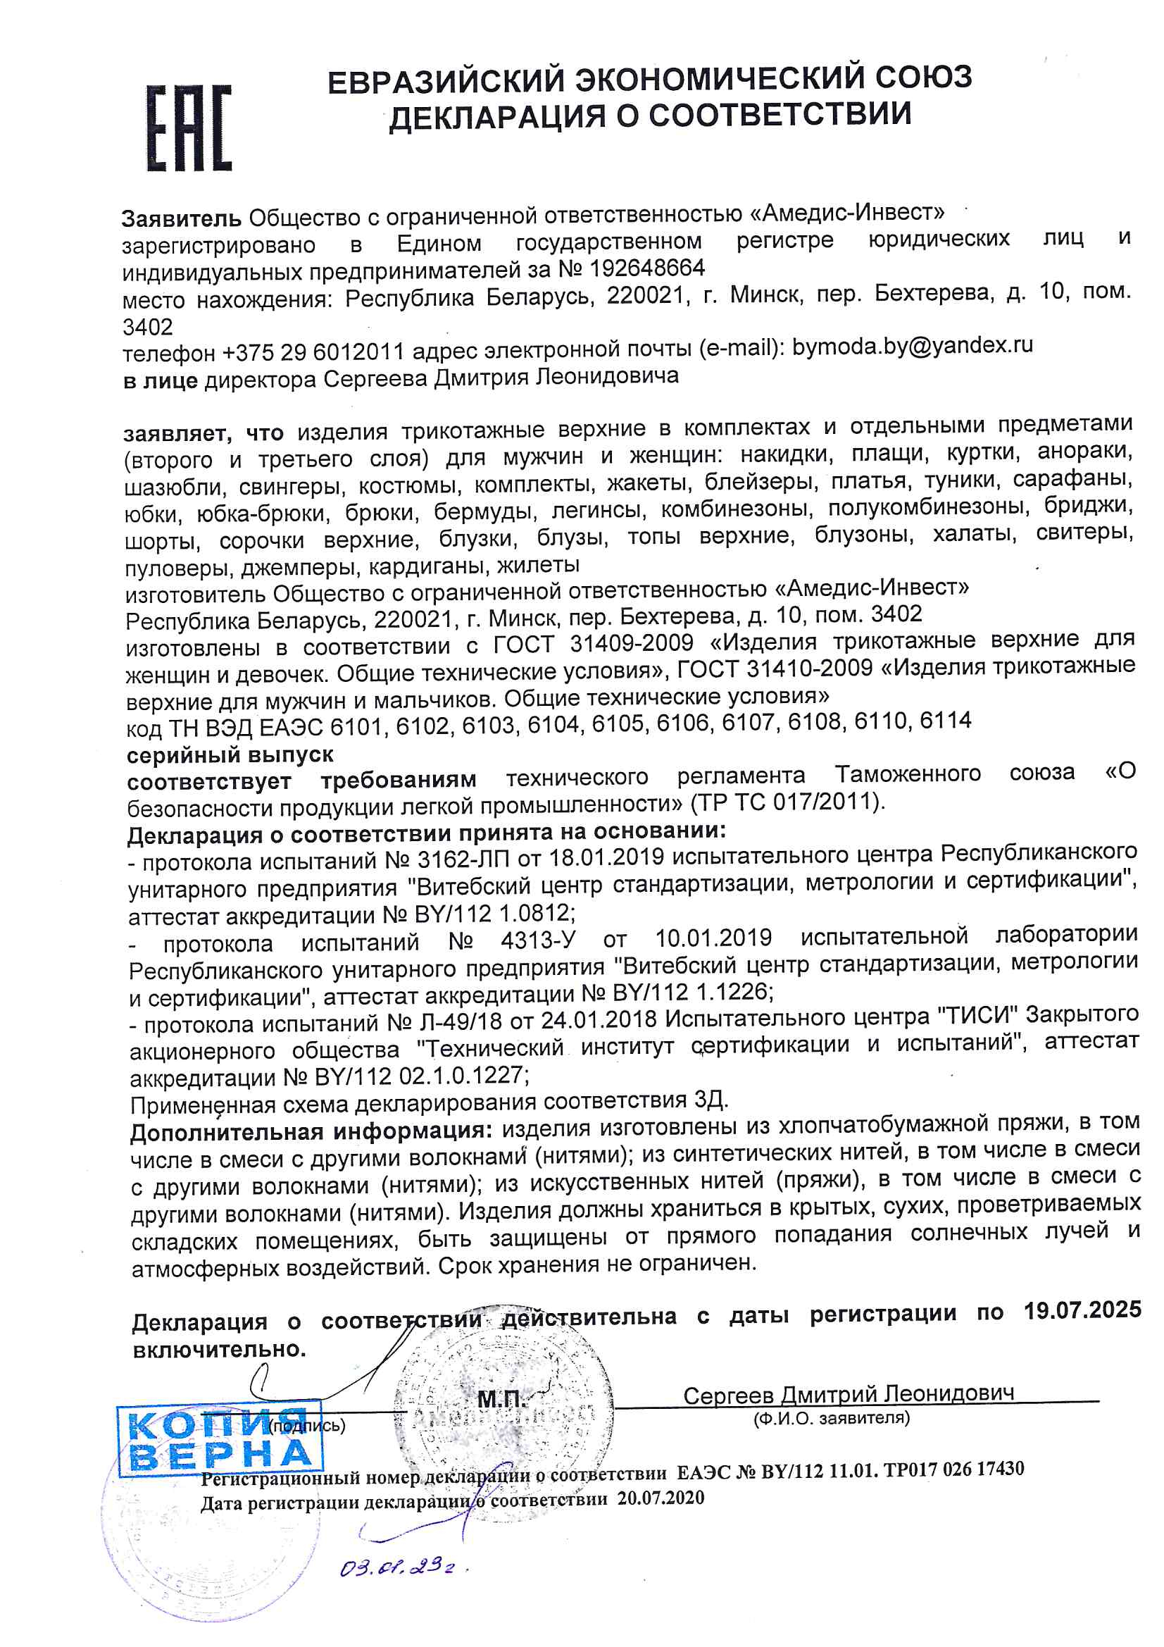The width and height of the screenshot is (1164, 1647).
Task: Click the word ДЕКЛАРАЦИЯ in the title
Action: [496, 116]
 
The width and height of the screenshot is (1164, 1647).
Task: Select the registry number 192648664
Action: [647, 268]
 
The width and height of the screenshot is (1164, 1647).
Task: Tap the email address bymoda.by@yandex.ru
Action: [913, 346]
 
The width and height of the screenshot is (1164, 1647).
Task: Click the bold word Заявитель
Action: [182, 218]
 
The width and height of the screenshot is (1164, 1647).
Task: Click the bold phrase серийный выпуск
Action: [230, 754]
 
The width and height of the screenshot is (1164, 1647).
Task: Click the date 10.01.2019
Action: [713, 938]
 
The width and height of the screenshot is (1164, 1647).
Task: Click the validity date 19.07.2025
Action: [1082, 1310]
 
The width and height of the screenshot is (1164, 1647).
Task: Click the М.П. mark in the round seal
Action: [501, 1399]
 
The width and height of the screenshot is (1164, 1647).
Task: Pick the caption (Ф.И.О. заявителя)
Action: [831, 1418]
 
